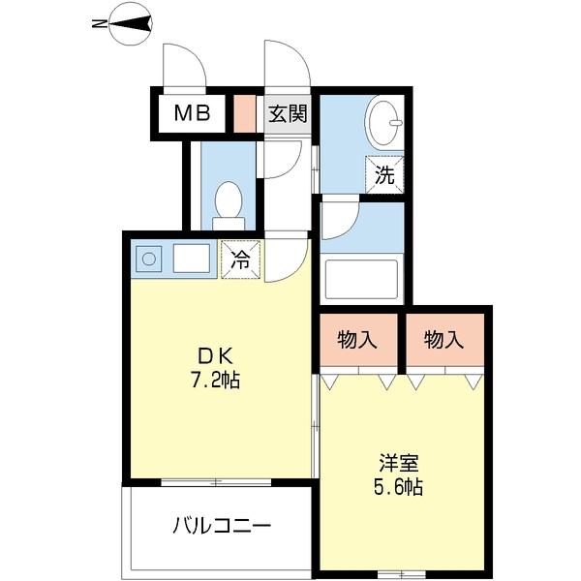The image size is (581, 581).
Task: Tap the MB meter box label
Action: click(x=192, y=113)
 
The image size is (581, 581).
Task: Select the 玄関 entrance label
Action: click(x=287, y=113)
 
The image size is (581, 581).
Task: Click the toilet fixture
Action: click(x=229, y=203)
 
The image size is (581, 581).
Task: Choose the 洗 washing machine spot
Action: click(x=384, y=175)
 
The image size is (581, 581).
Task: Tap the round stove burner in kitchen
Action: click(x=149, y=259)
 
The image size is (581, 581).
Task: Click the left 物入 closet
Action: click(x=357, y=340)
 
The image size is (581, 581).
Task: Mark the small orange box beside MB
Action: click(x=244, y=113)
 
